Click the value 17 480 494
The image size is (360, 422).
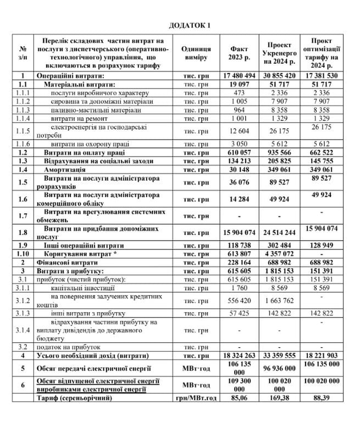(240, 75)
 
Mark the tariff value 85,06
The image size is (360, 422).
(240, 397)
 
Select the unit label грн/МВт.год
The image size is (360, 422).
(196, 397)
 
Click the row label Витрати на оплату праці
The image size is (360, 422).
(88, 152)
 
